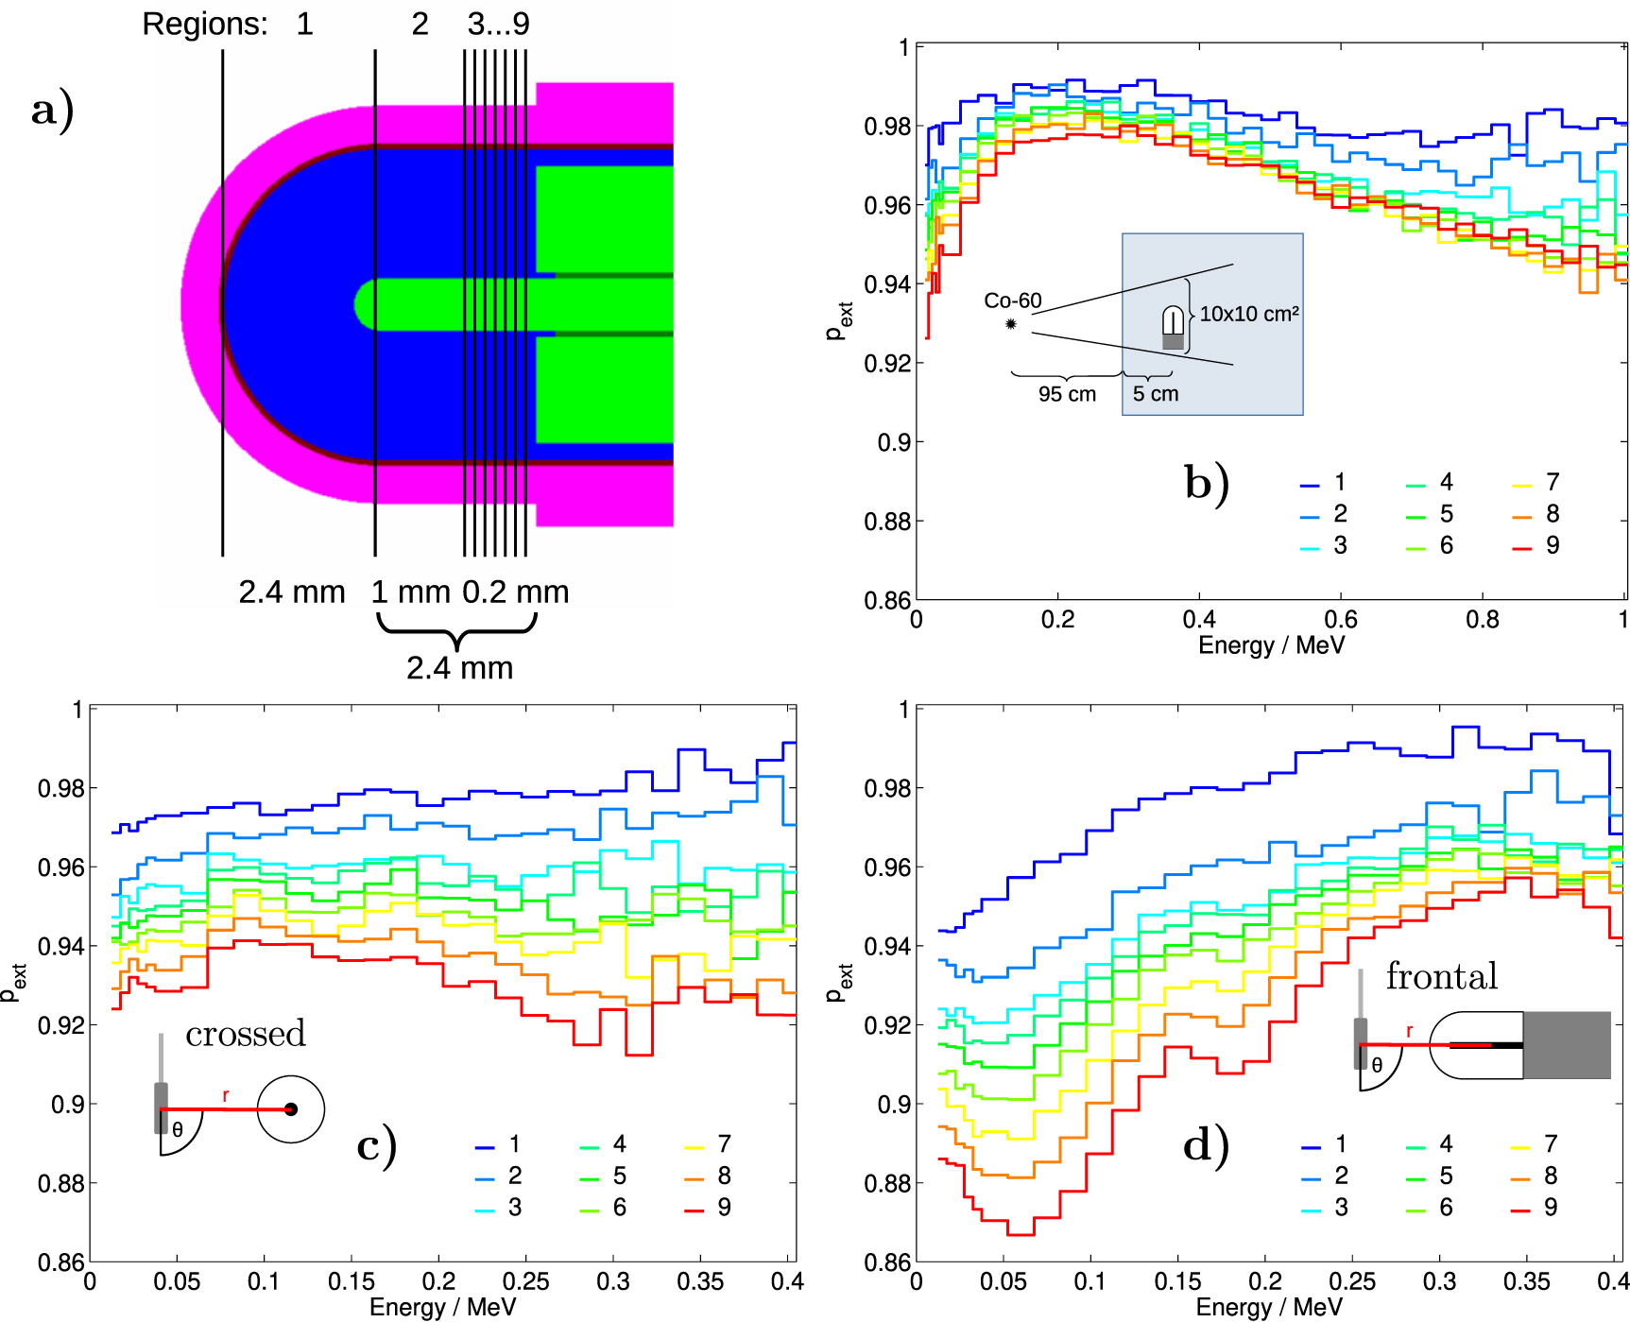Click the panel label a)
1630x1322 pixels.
[x=52, y=110]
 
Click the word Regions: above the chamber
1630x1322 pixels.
[x=204, y=24]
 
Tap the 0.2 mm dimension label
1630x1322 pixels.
[x=516, y=592]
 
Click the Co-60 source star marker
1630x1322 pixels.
[x=1011, y=324]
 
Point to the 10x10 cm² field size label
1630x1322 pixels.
[x=1249, y=314]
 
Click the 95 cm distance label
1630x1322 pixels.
[x=1067, y=394]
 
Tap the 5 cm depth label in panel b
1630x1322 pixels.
[x=1156, y=394]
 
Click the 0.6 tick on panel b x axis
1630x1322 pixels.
[x=1341, y=620]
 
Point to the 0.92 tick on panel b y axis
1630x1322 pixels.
[x=886, y=364]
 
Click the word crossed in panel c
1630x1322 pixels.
[x=246, y=1034]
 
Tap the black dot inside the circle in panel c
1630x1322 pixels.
[x=291, y=1109]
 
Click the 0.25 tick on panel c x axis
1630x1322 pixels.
[x=525, y=1282]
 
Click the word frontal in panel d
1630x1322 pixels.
[x=1441, y=976]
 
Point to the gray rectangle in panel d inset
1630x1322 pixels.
[x=1566, y=1045]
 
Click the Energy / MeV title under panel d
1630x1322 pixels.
[x=1268, y=1308]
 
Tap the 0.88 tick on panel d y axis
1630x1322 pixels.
[x=886, y=1184]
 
